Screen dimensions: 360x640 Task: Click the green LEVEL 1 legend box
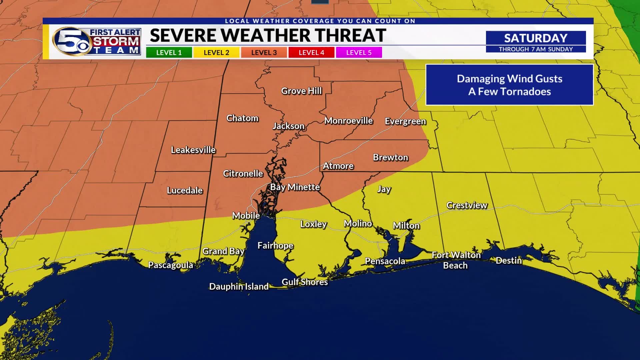pyautogui.click(x=169, y=52)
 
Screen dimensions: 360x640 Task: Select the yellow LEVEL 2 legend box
pyautogui.click(x=216, y=52)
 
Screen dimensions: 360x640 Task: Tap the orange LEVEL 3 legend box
pyautogui.click(x=264, y=52)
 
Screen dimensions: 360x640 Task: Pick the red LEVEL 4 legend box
pyautogui.click(x=311, y=52)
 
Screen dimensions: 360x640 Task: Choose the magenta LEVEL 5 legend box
pyautogui.click(x=359, y=52)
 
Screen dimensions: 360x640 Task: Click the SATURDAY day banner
pyautogui.click(x=535, y=38)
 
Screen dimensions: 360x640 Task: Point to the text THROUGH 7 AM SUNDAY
pyautogui.click(x=535, y=49)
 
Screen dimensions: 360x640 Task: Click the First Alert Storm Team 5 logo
pyautogui.click(x=96, y=42)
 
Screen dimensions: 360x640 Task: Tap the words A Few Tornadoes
pyautogui.click(x=509, y=92)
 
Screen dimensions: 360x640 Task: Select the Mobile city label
pyautogui.click(x=246, y=216)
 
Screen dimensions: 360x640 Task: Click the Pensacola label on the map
pyautogui.click(x=385, y=261)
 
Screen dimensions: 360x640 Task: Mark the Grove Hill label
pyautogui.click(x=301, y=91)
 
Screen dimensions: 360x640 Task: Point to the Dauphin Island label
pyautogui.click(x=239, y=287)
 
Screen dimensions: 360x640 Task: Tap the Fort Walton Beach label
pyautogui.click(x=456, y=260)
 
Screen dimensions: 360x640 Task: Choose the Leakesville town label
pyautogui.click(x=193, y=150)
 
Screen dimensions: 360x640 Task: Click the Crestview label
pyautogui.click(x=467, y=205)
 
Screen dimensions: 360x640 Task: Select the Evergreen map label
pyautogui.click(x=405, y=121)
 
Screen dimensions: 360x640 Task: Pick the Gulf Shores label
pyautogui.click(x=305, y=282)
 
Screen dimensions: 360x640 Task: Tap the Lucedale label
pyautogui.click(x=185, y=190)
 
